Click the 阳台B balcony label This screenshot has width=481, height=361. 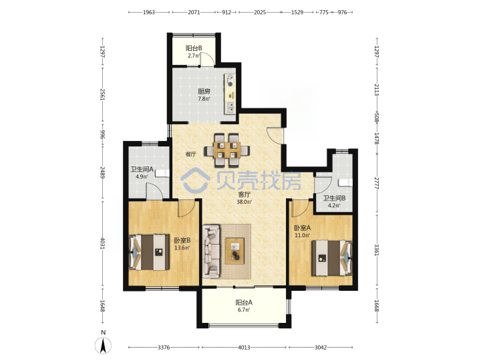[194, 48]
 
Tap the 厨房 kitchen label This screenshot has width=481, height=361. [204, 91]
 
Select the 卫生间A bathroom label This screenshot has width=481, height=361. [142, 169]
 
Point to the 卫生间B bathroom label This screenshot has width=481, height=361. [334, 199]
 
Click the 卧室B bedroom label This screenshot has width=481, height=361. [182, 241]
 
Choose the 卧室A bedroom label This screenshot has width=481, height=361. [302, 228]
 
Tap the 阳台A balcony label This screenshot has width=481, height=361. [244, 302]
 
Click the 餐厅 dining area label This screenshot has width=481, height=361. [191, 154]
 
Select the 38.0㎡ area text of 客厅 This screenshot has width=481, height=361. [245, 202]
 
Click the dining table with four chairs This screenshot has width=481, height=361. [227, 150]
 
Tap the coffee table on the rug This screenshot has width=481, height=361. [235, 251]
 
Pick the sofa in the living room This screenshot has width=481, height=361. [211, 251]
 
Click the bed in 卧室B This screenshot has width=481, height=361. [150, 252]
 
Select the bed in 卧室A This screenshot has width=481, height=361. [331, 258]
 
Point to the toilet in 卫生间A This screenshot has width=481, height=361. [162, 173]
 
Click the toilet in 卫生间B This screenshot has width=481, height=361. [345, 183]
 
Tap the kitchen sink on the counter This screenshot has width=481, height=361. [230, 108]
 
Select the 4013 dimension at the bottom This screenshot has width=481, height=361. [244, 348]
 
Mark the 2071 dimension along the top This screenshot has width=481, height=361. [194, 12]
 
